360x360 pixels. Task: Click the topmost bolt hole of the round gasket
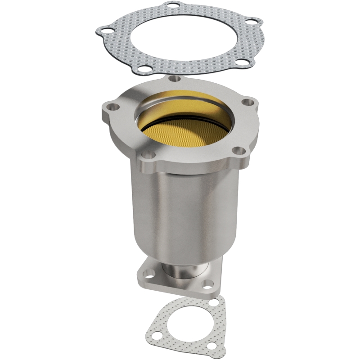[171, 6]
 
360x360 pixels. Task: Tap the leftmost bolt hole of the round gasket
[104, 32]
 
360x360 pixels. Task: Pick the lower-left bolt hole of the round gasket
[143, 69]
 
